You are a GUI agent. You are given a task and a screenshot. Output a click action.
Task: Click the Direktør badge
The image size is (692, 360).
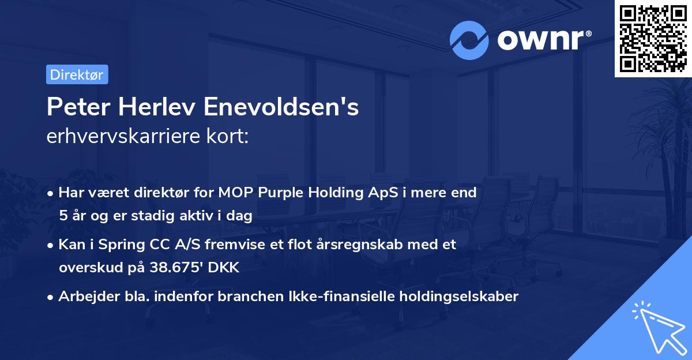77,74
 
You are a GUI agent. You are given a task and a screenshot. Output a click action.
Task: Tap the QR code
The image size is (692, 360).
652,38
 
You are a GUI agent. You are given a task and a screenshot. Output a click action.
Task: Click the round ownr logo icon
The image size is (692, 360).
469,40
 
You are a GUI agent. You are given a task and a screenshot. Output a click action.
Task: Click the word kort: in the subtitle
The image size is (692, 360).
230,137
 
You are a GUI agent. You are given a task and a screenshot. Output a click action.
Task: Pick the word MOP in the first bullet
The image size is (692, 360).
234,193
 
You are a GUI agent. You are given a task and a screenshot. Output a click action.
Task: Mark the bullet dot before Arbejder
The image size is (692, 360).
51,297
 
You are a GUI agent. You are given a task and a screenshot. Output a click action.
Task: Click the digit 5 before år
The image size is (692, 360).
62,216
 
